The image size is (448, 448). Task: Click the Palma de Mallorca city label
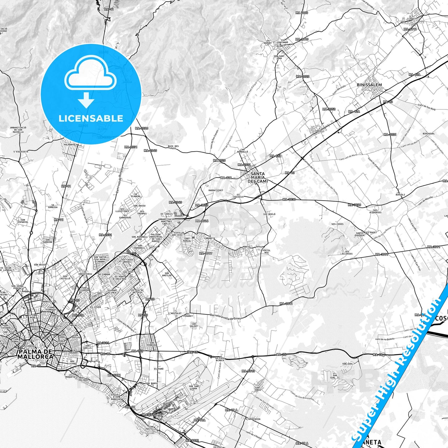[x=35, y=354]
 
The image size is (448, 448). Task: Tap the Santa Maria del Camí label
[x=258, y=177]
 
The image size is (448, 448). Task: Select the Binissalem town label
[x=369, y=85]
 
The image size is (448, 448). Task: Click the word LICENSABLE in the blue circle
[x=91, y=118]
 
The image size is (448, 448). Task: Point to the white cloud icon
[x=90, y=73]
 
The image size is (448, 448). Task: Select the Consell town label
[x=319, y=131]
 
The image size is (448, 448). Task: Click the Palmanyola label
[x=71, y=144]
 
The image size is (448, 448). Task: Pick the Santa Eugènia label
[x=360, y=234]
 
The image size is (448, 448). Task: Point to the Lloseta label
[x=412, y=19]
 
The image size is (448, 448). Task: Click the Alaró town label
[x=280, y=46]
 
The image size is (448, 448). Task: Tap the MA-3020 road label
[x=354, y=205]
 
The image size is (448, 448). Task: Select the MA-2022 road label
[x=303, y=76]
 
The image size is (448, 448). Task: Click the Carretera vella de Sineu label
[x=225, y=316]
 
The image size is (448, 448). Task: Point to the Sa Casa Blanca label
[x=220, y=359]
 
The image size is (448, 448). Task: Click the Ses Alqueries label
[x=375, y=211]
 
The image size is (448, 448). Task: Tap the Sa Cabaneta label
[x=210, y=237]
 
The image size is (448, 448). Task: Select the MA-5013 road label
[x=248, y=371]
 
